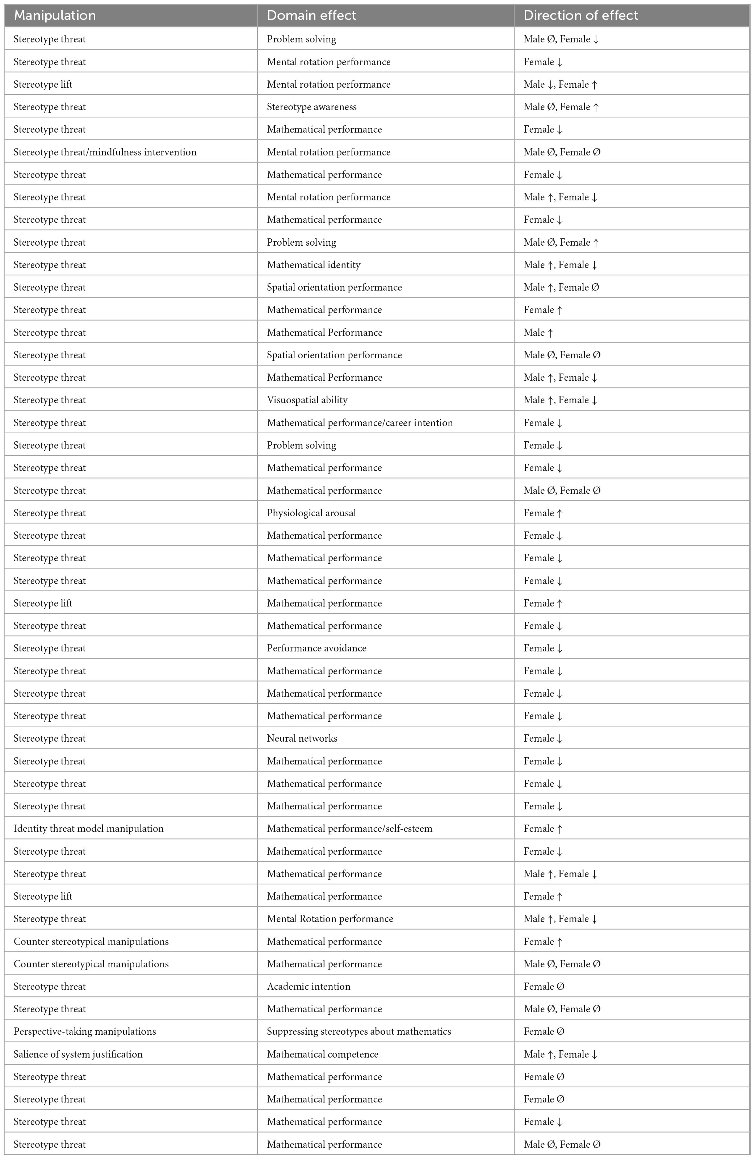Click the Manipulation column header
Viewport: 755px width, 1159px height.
55,16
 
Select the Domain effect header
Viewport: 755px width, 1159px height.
311,16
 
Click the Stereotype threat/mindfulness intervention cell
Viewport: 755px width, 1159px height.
105,152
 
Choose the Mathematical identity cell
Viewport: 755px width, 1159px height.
314,265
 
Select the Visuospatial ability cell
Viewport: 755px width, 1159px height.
307,400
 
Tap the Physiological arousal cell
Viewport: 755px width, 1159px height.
311,513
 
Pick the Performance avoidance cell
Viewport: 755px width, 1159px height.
316,648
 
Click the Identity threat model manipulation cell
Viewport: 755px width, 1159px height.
89,828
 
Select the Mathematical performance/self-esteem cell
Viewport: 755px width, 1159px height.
349,828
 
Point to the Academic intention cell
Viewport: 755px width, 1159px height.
309,986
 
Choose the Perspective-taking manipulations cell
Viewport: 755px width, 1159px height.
85,1031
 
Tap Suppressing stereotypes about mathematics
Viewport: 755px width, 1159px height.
359,1031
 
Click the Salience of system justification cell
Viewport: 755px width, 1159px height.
78,1054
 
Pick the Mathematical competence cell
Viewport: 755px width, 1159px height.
322,1054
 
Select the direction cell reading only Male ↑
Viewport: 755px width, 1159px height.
538,333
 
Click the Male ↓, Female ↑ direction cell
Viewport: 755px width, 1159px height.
560,85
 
